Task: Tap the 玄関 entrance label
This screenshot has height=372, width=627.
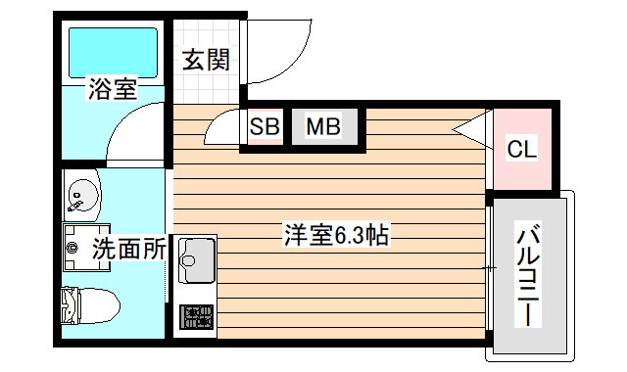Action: pos(206,61)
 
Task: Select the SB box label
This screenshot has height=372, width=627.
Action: pos(265,126)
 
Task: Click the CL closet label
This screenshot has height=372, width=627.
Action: pos(521,150)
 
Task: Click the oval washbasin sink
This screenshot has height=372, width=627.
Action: pos(82,194)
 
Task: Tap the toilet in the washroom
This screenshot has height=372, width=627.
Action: pos(90,305)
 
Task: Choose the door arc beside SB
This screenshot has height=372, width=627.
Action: pos(223,128)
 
